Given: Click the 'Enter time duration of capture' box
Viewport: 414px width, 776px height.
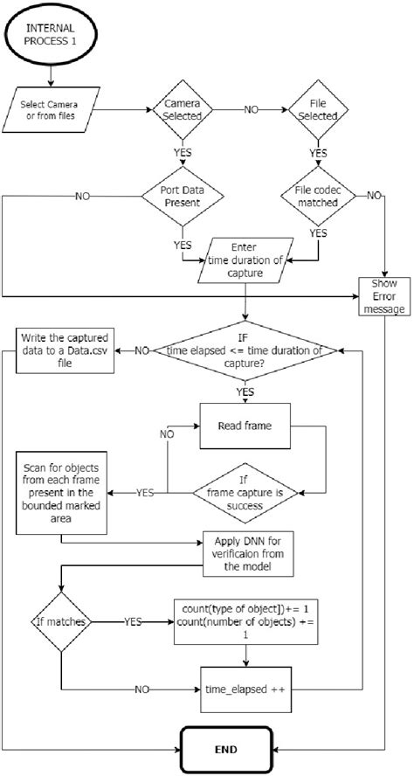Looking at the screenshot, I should pyautogui.click(x=245, y=260).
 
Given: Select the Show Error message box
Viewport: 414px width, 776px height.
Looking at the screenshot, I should pyautogui.click(x=385, y=296).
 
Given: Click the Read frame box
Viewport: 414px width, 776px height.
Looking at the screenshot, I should pyautogui.click(x=247, y=426).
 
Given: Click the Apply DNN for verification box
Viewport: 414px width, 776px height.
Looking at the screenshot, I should pyautogui.click(x=247, y=551).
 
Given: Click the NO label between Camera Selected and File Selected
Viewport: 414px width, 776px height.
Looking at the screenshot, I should pyautogui.click(x=251, y=111).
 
